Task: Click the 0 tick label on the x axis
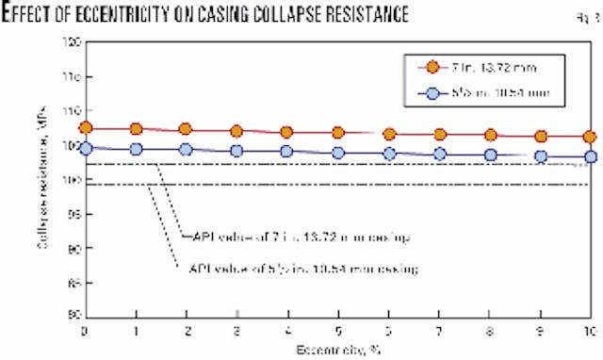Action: click(x=85, y=332)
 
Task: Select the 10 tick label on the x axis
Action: click(x=588, y=332)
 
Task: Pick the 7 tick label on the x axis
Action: click(x=439, y=332)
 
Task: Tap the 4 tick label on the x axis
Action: click(x=287, y=332)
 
